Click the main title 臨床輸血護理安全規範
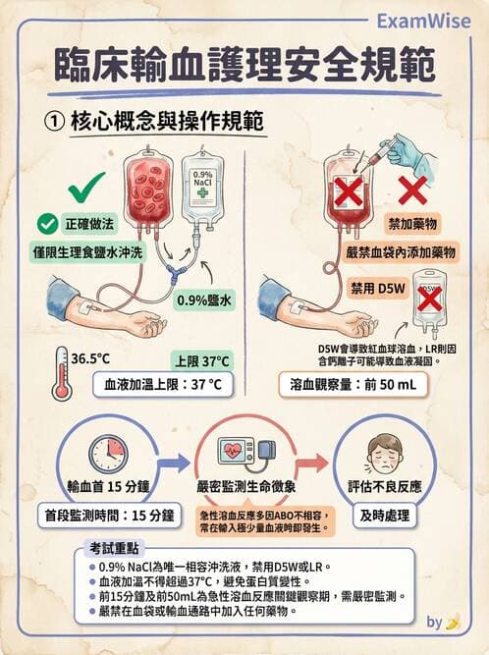click(x=244, y=65)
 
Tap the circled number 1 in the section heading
click(x=55, y=121)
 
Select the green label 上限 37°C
click(x=201, y=359)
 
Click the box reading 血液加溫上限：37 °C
click(x=162, y=385)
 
